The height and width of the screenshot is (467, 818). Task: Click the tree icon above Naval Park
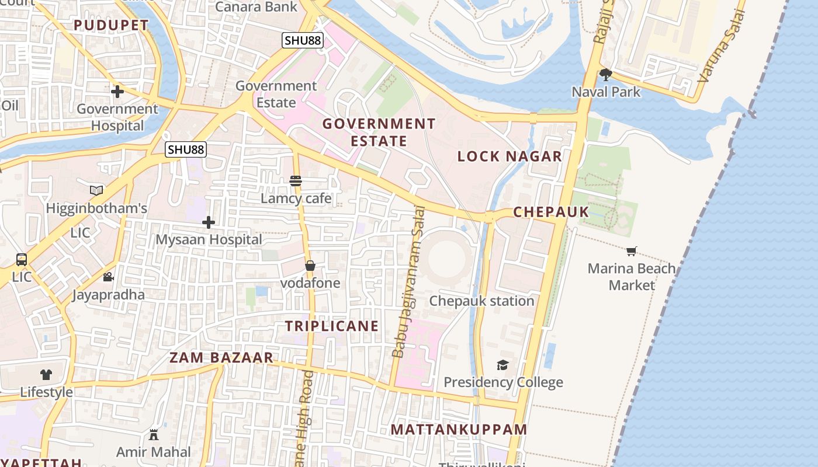(x=606, y=74)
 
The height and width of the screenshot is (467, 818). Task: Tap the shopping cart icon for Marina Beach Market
(x=631, y=252)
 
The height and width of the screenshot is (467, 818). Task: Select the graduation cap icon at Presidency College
(x=502, y=365)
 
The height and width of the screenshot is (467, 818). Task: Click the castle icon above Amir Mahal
(x=154, y=435)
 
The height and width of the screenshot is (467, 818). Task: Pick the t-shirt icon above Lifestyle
(x=46, y=375)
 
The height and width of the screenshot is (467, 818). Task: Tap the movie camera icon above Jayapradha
(x=108, y=277)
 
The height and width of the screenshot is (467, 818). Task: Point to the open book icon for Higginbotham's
(x=96, y=191)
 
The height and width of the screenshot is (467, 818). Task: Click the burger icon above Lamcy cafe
(x=296, y=181)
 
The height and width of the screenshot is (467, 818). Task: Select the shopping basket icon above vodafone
(x=310, y=266)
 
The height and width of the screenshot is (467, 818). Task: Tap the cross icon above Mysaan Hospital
(x=209, y=222)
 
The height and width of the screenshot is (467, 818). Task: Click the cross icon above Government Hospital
(x=117, y=92)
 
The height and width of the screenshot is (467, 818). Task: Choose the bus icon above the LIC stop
(x=22, y=259)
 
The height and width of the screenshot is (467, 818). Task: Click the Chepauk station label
(x=481, y=301)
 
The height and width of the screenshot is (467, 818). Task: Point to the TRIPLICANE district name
(x=332, y=326)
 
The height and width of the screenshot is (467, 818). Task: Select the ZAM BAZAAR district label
(x=221, y=357)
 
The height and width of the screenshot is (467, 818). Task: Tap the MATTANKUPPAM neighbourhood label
(x=459, y=430)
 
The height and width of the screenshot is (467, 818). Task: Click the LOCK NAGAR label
(x=509, y=156)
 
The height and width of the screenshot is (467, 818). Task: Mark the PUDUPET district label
(x=111, y=25)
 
